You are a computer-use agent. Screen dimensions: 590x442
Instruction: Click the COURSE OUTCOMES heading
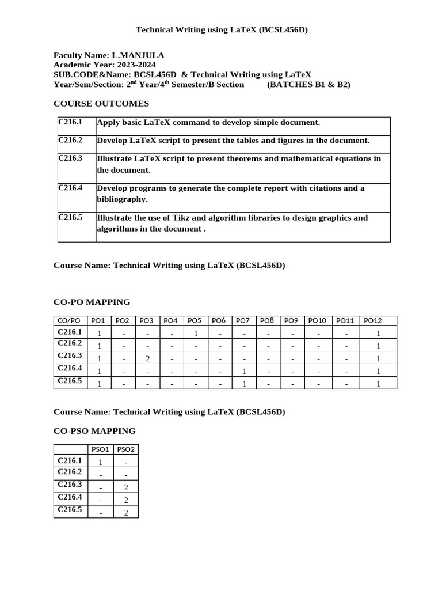[101, 104]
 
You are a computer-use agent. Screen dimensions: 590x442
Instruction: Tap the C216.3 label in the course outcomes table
[70, 158]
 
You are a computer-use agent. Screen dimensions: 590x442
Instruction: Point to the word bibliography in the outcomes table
[122, 199]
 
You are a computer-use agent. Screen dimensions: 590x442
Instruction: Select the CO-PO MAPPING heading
[92, 302]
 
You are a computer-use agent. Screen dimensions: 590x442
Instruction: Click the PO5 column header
[195, 321]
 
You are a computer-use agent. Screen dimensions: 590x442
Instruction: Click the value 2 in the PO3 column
[147, 359]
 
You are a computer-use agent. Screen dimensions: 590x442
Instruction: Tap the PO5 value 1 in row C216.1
[196, 334]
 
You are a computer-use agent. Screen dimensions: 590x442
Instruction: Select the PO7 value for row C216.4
[245, 372]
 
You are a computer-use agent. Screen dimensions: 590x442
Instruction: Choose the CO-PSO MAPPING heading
[94, 431]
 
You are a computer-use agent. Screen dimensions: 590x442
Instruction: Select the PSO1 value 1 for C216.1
[101, 462]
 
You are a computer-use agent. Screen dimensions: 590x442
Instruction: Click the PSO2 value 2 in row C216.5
[126, 513]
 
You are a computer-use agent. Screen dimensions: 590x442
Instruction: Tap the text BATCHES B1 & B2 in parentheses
[308, 85]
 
